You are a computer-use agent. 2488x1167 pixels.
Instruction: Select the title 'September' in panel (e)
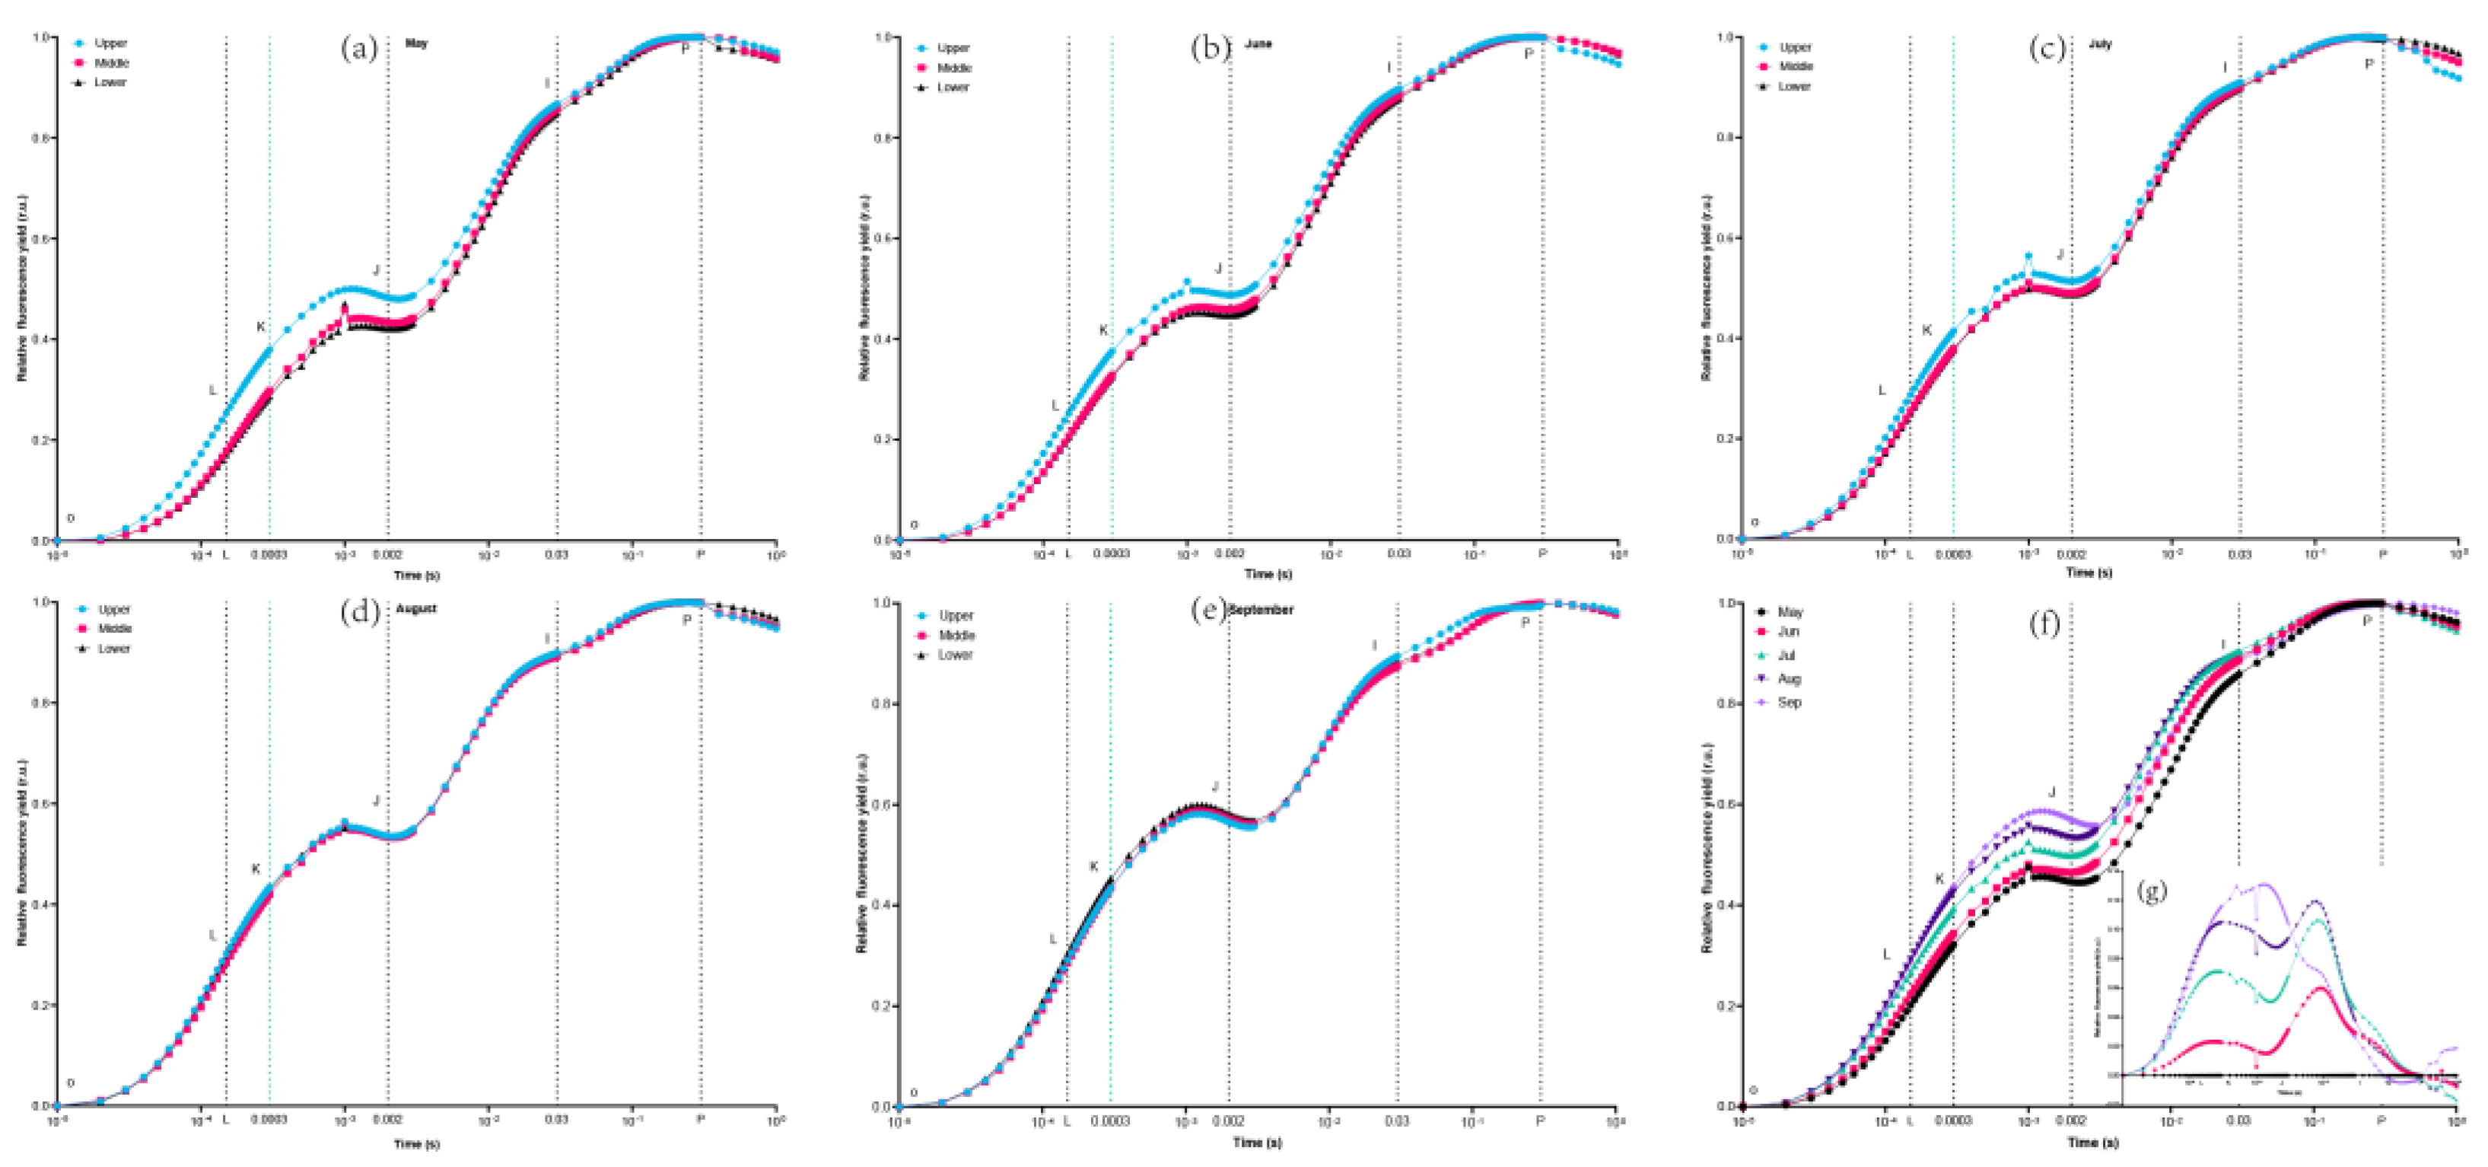[x=1261, y=610]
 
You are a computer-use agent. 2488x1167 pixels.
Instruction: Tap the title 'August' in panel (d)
[x=416, y=608]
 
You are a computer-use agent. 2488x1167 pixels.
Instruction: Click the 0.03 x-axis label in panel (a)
[x=557, y=554]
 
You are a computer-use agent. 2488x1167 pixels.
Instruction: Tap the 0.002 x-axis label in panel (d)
[x=387, y=1119]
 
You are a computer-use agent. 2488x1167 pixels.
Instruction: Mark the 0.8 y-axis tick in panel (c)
[x=1724, y=137]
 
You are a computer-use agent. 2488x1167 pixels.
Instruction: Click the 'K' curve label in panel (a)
[x=259, y=327]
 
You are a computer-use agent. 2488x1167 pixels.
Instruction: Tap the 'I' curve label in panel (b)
[x=1390, y=67]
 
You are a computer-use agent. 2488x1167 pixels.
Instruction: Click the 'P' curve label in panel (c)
[x=2369, y=64]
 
